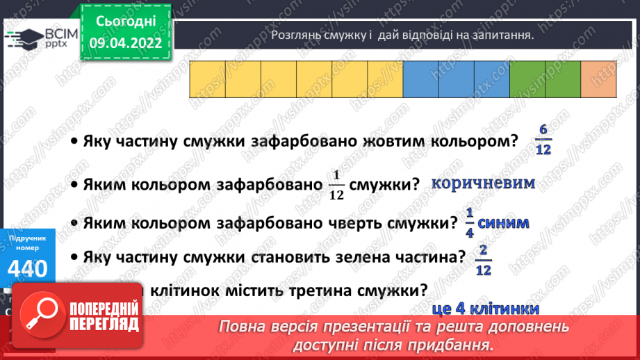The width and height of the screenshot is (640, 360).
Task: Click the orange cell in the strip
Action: click(x=599, y=79)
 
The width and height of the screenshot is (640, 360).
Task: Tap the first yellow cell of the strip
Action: click(x=207, y=79)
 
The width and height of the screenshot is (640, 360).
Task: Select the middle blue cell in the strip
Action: click(x=457, y=79)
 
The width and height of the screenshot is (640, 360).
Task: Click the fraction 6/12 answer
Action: click(x=543, y=140)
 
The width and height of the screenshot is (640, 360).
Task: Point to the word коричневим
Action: click(x=483, y=183)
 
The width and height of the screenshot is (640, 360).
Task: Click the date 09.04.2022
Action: click(x=125, y=41)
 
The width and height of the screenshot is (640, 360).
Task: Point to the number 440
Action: click(x=28, y=268)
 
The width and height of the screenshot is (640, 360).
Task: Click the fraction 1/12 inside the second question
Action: click(x=337, y=186)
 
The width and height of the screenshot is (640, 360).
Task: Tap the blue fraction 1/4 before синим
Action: click(x=468, y=224)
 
